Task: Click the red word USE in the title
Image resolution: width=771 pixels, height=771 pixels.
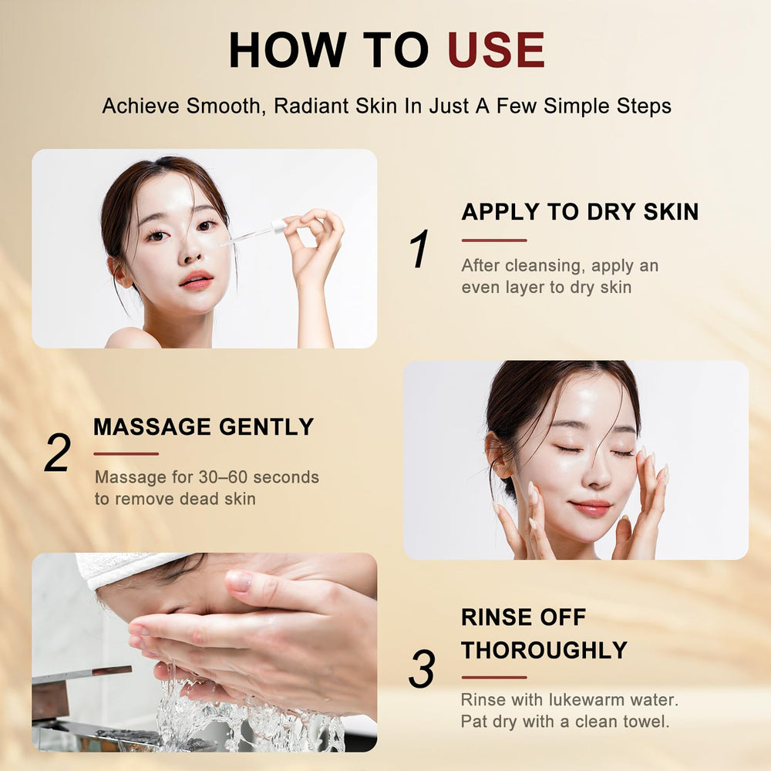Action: point(496,49)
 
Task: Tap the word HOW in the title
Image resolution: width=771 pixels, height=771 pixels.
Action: point(288,49)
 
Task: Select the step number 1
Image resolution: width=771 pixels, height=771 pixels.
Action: point(419,248)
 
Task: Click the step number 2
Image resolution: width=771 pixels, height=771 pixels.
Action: point(58,453)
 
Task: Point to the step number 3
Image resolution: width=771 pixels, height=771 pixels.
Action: point(422,668)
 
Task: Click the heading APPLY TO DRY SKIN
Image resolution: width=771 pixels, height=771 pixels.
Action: point(581,212)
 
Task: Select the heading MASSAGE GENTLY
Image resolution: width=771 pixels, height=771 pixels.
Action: point(204,426)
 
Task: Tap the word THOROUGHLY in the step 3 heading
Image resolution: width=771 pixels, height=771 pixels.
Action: point(544,650)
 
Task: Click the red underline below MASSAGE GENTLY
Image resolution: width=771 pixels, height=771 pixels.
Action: point(126,454)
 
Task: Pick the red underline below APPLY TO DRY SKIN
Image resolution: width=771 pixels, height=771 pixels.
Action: point(494,241)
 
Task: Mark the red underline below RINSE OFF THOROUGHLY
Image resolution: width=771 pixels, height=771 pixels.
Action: point(494,677)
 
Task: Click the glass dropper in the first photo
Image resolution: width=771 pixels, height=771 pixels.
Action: point(254,233)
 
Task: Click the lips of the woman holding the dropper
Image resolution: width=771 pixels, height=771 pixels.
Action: point(196,280)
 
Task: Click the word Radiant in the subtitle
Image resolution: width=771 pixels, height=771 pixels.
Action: point(311,106)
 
